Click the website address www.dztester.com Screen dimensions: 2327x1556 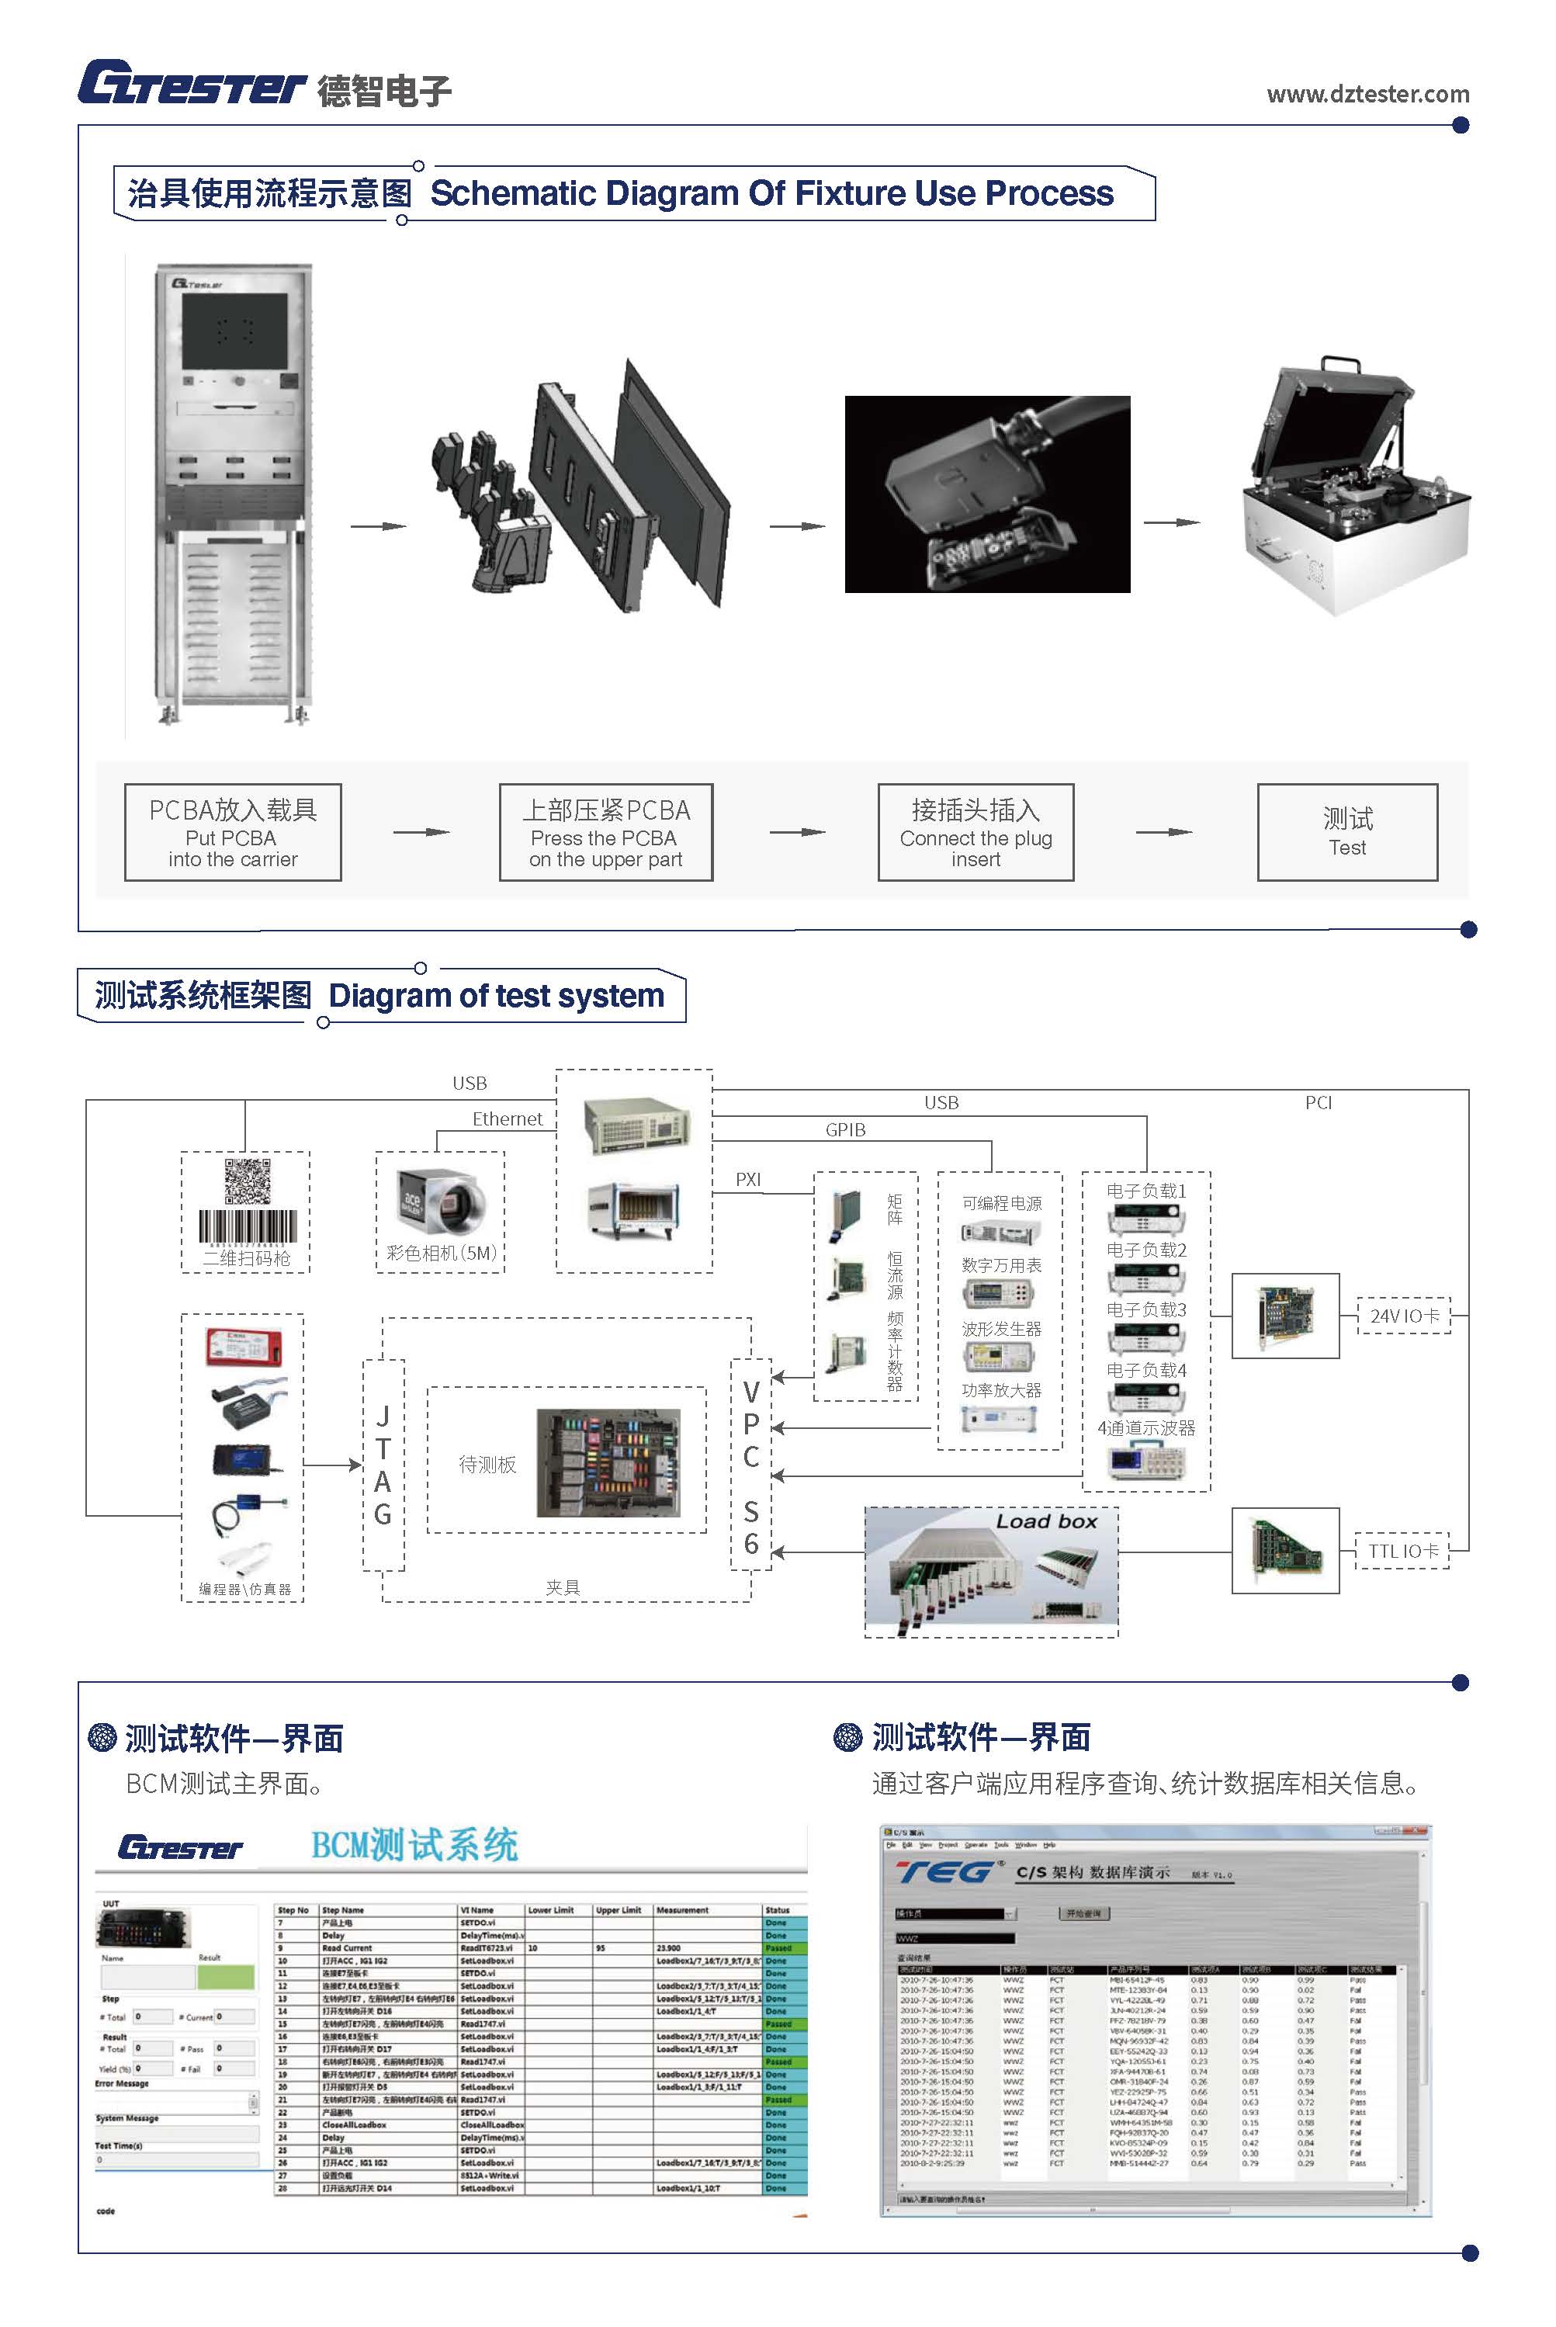click(1367, 94)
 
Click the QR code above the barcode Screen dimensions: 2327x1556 click(246, 1181)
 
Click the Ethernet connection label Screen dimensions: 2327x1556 click(507, 1118)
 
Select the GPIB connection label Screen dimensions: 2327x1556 click(845, 1129)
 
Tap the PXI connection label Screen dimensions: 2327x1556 click(748, 1179)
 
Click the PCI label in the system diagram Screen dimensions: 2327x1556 click(1318, 1102)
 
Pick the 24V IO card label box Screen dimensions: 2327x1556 click(1403, 1315)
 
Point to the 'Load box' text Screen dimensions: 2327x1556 click(1046, 1521)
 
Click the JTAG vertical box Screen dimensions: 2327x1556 click(383, 1465)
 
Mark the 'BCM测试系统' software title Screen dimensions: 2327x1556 click(414, 1845)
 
